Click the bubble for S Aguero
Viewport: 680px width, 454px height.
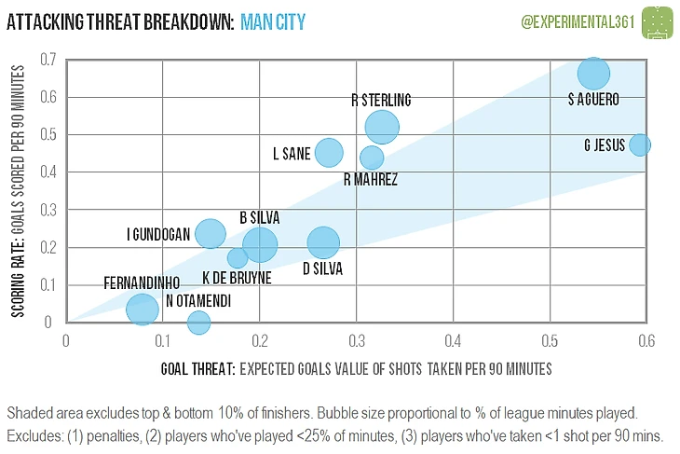pos(593,73)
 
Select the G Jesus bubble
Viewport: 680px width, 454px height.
pos(639,144)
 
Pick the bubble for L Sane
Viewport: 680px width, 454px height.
pos(328,152)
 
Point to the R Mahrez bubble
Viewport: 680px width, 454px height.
pos(372,158)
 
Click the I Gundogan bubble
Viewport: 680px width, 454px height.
pos(211,234)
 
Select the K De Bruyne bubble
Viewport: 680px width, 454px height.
pos(238,258)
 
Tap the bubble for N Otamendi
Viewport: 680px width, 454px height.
pos(198,323)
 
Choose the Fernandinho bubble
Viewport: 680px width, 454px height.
pos(142,309)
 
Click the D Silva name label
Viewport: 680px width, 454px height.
pos(322,269)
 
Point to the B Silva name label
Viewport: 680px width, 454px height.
pos(259,217)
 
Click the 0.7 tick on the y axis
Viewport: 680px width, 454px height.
pos(48,60)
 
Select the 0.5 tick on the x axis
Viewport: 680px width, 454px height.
pos(549,340)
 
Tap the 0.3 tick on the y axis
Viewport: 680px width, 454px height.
pos(48,210)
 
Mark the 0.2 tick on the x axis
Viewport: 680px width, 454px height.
pos(259,340)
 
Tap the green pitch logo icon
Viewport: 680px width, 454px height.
pos(658,20)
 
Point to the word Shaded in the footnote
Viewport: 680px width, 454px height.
pos(29,412)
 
